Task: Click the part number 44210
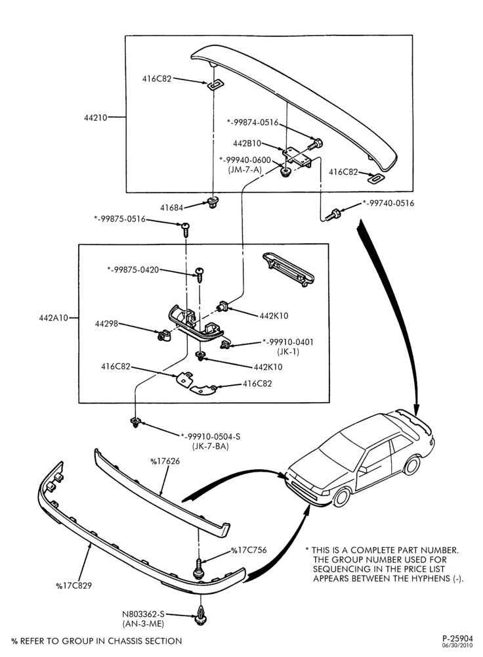pos(95,118)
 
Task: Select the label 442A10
pos(53,317)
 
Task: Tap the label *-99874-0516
pos(253,122)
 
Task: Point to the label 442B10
pos(247,143)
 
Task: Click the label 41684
pos(171,208)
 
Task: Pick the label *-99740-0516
pos(388,203)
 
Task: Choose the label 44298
pos(106,324)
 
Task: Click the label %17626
pos(165,461)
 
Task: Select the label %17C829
pos(73,585)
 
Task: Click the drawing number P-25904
pos(457,639)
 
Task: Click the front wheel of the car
pos(342,497)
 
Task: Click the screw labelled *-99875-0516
pos(186,229)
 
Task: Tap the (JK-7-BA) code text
pos(211,447)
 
